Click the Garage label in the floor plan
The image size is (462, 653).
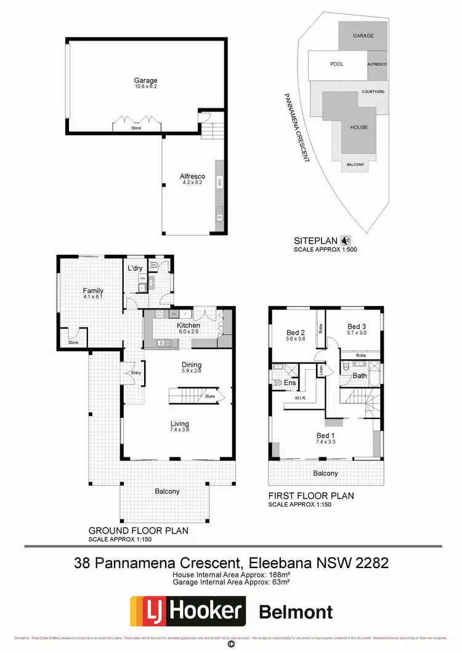coord(146,81)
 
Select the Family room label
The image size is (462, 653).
coord(93,291)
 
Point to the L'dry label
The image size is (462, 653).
coord(136,269)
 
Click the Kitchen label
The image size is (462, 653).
coord(188,325)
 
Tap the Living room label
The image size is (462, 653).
coord(180,424)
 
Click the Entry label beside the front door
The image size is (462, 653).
coord(136,373)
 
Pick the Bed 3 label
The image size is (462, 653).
coord(357,327)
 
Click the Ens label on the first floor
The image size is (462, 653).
coord(290,383)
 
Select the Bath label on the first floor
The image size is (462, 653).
coord(360,375)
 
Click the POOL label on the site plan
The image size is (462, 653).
coord(337,64)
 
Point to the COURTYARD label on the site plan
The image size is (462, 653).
coord(373,92)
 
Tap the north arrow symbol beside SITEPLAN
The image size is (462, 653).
coord(346,241)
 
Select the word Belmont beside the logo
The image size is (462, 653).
coord(296,612)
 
